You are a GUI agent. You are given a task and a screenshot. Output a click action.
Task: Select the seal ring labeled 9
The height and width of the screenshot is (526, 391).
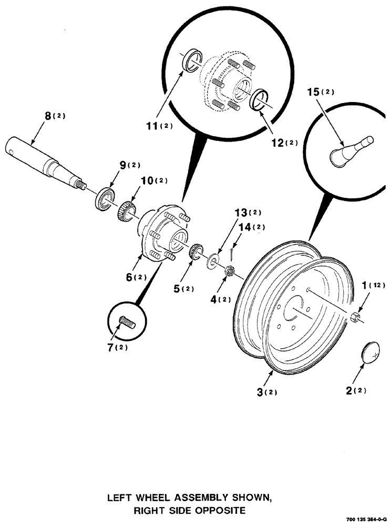(104, 198)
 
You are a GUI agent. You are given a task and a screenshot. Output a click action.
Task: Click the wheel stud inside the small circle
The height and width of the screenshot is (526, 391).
(127, 321)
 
